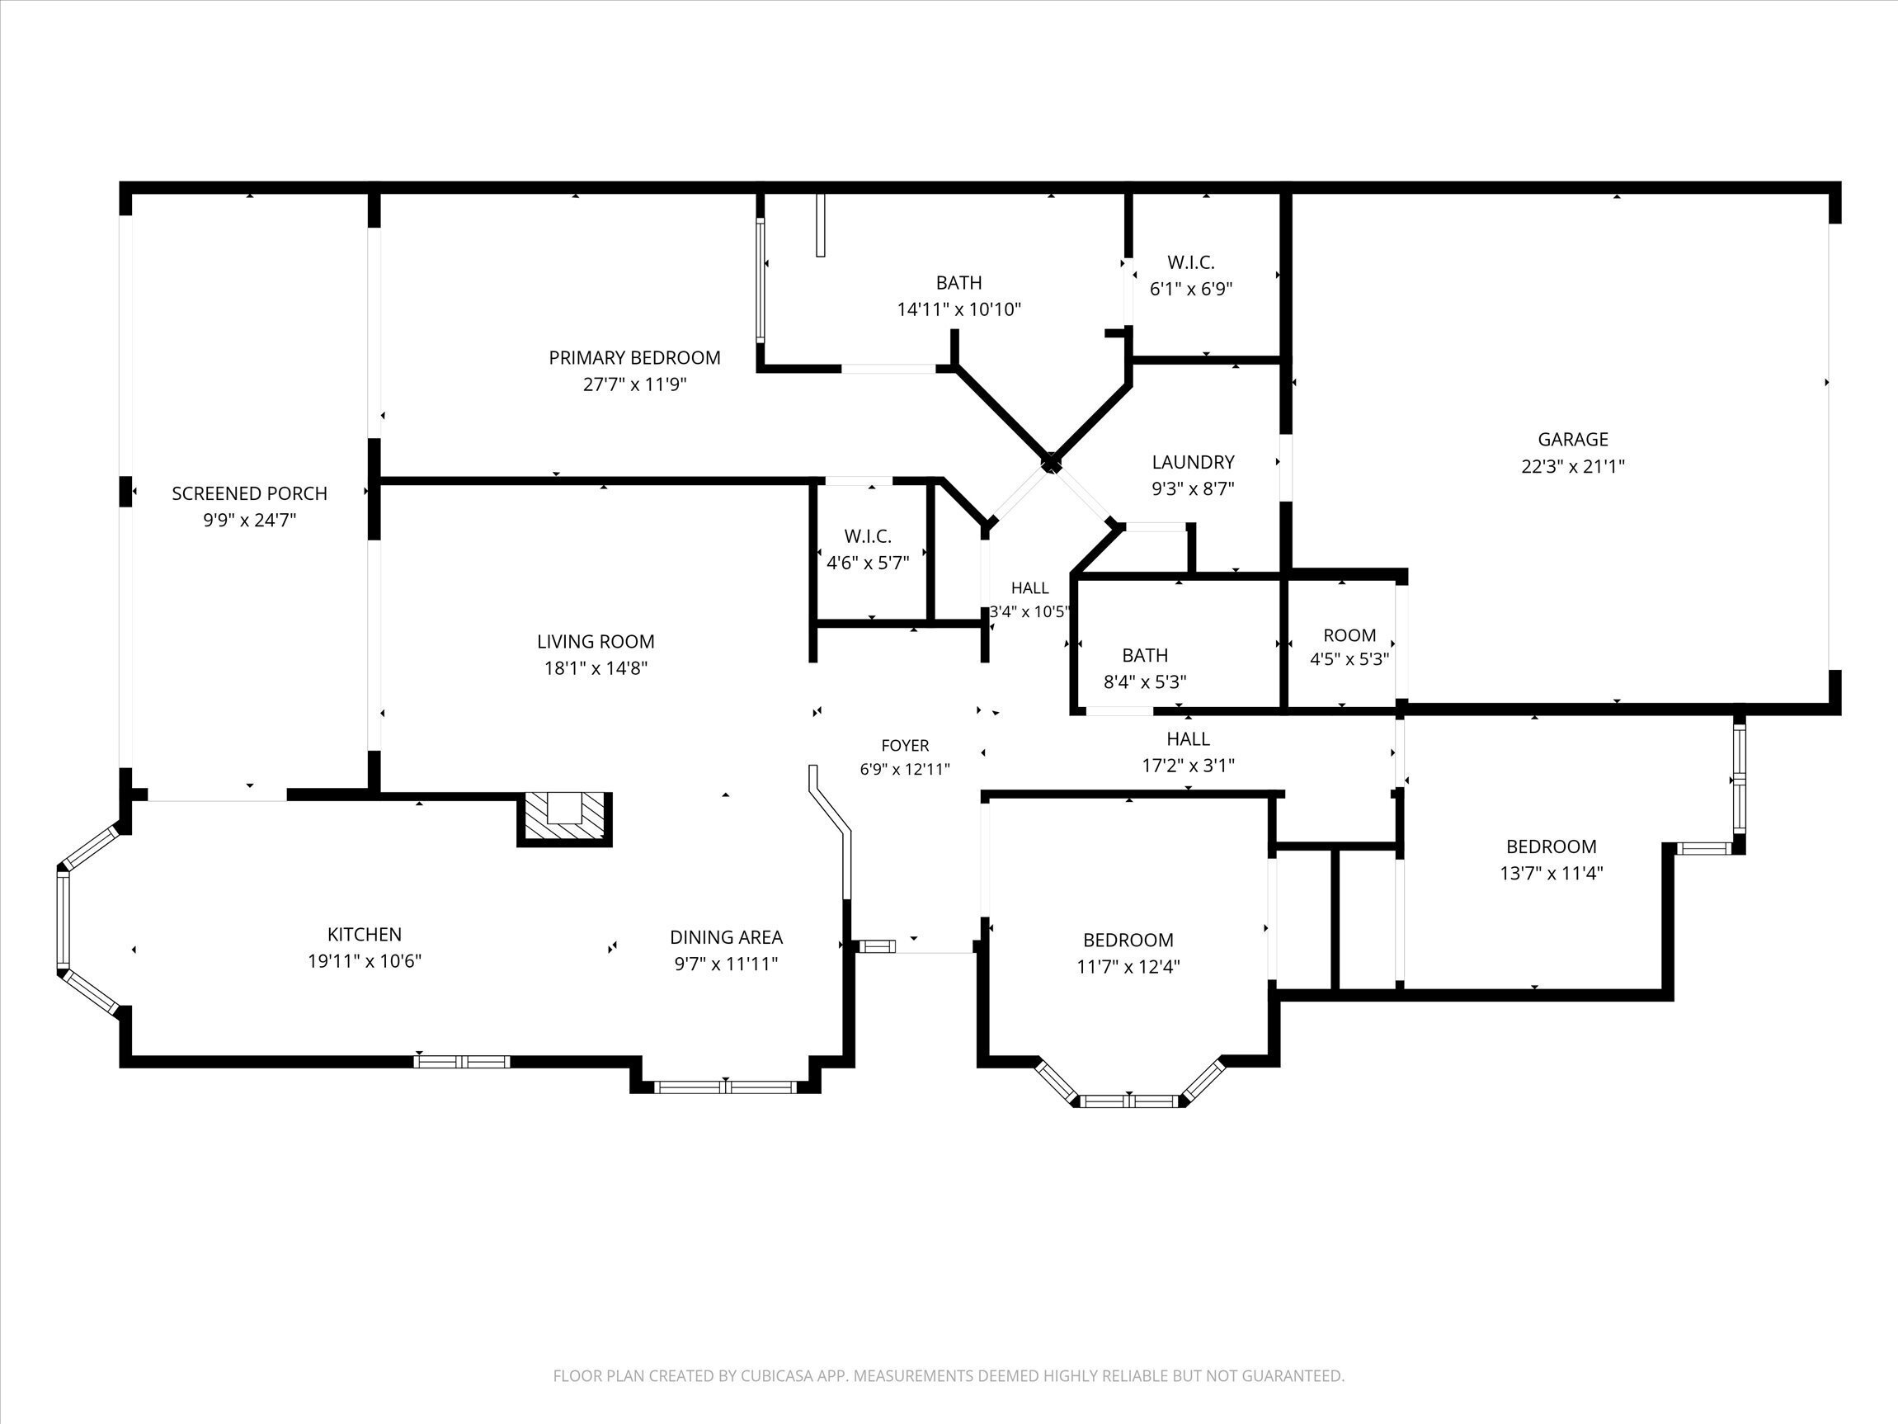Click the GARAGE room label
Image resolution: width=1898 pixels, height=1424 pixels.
pos(1573,440)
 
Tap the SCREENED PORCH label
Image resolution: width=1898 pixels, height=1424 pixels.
pos(250,493)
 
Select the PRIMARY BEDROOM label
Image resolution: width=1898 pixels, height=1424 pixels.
pos(635,358)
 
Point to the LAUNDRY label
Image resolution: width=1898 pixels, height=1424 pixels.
pos(1193,462)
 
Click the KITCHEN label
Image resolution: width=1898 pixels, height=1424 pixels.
pos(365,934)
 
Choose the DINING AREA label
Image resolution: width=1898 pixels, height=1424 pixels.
pos(726,937)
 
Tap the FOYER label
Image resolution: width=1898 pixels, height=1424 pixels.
pos(905,746)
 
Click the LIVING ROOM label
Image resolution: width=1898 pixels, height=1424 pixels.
pos(596,641)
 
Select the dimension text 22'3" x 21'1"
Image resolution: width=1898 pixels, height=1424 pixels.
pos(1573,467)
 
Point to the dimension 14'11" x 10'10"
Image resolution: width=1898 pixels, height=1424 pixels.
pos(959,310)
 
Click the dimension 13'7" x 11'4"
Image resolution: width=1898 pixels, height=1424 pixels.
pos(1552,874)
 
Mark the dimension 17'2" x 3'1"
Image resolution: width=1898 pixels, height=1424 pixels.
pos(1189,766)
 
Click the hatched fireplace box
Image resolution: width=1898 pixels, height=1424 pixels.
pos(563,819)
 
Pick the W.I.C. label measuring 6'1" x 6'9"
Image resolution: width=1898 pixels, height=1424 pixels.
pos(1191,262)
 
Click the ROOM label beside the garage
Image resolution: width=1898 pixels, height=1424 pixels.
pos(1349,635)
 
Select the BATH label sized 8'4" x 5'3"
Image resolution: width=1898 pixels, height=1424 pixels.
pos(1145,656)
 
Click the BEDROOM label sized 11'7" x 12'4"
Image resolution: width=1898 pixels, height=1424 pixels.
pos(1128,940)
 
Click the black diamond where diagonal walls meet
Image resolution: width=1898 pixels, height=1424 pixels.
pos(1050,464)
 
